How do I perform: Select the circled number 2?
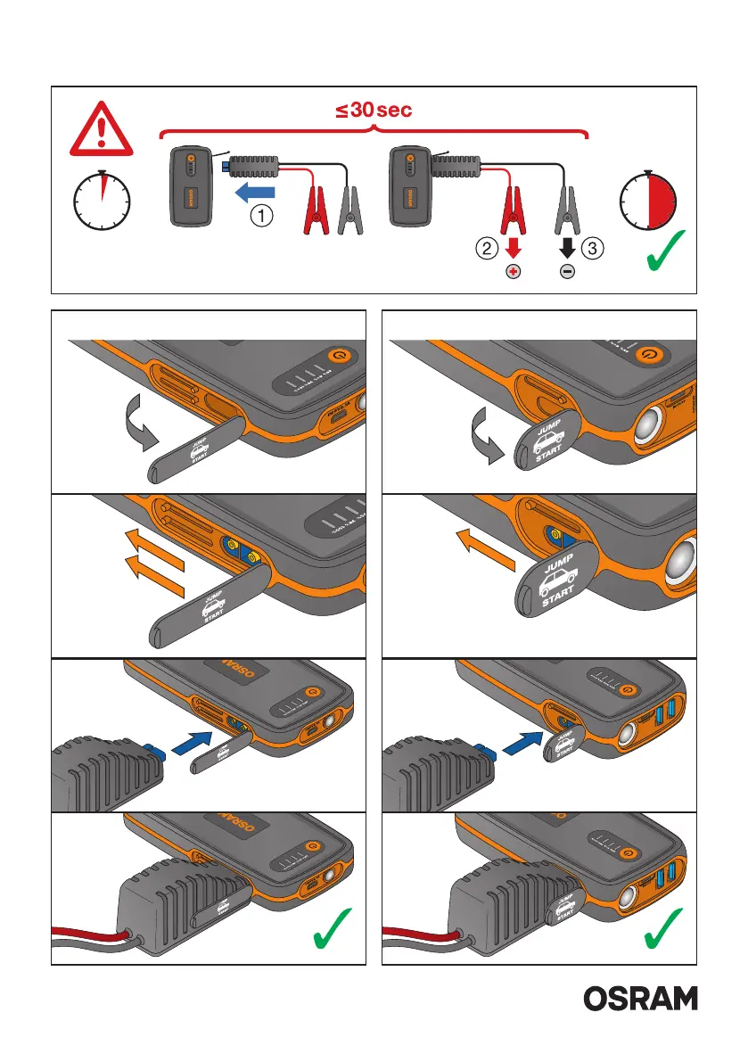point(485,247)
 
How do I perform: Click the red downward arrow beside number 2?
point(513,245)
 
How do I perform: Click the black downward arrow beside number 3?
point(567,245)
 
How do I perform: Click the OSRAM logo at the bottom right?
point(641,999)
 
